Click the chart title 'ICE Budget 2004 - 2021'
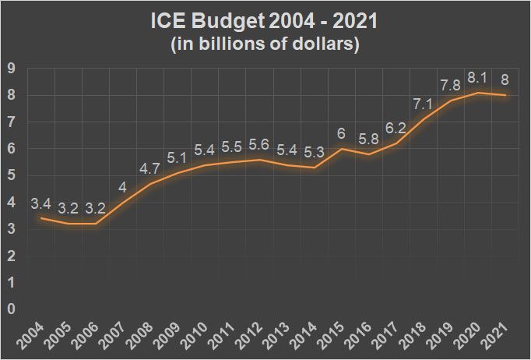pyautogui.click(x=265, y=21)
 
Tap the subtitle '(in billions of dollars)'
pyautogui.click(x=265, y=44)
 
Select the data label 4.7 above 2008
pyautogui.click(x=149, y=168)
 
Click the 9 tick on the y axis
pyautogui.click(x=11, y=68)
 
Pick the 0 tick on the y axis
pyautogui.click(x=11, y=309)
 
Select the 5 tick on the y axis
pyautogui.click(x=11, y=175)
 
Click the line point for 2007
pyautogui.click(x=122, y=202)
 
